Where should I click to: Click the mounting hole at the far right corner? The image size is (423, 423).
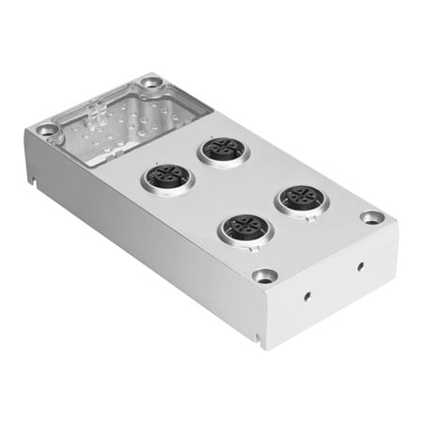coord(373,217)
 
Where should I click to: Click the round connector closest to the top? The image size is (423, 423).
coord(222,149)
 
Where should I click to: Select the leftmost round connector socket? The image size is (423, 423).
coord(167,178)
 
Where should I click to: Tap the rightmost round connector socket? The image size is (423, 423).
coord(300,198)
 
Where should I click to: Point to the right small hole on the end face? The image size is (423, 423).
coord(359,265)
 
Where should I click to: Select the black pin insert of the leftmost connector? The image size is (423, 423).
coord(167,176)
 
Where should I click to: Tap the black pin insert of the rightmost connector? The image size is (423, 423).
coord(300,196)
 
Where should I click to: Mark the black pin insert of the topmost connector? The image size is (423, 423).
coord(222,147)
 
